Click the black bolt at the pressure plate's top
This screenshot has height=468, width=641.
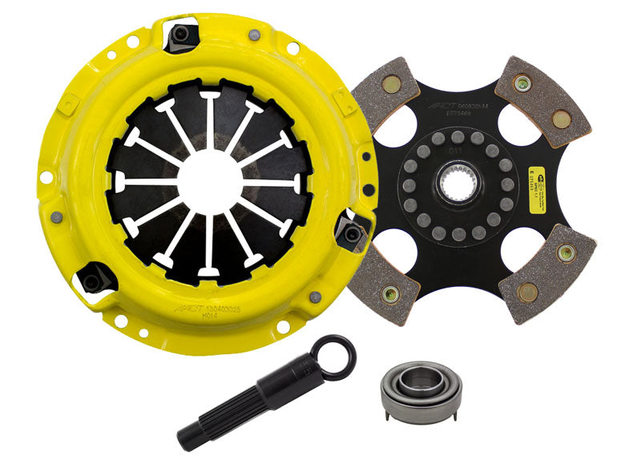183,35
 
